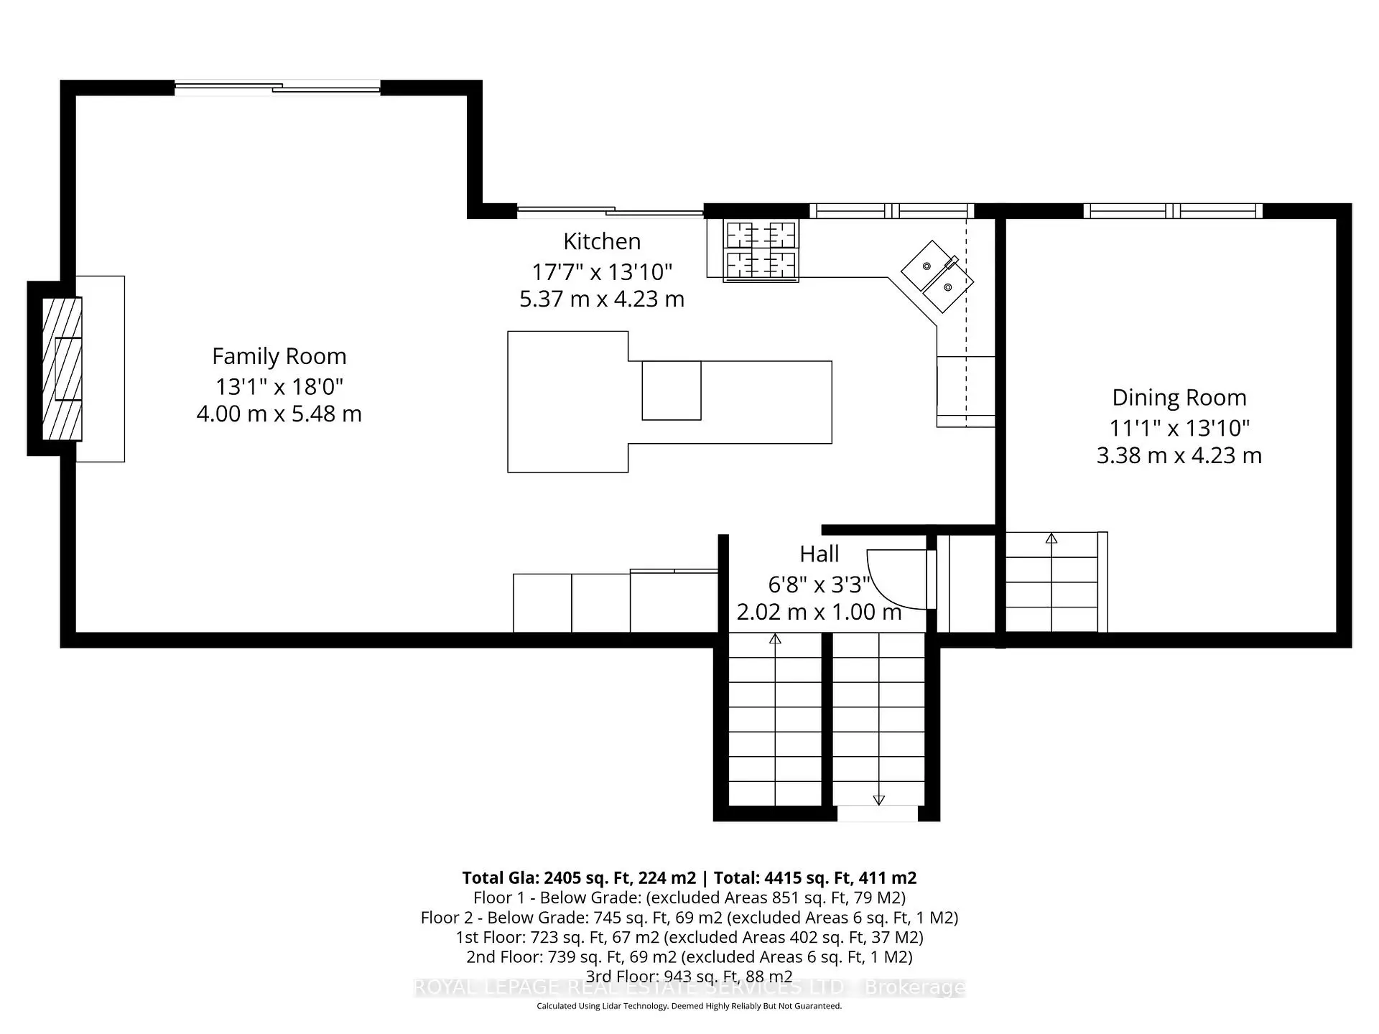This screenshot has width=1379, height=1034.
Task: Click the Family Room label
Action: coord(279,356)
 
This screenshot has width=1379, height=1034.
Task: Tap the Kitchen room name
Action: coord(602,241)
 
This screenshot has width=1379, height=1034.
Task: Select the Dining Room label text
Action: coord(1179,397)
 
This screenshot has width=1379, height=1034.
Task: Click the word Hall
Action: coord(819,554)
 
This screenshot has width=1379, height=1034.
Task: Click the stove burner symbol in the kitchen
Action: coord(761,250)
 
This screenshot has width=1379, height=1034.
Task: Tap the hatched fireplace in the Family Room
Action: coord(62,368)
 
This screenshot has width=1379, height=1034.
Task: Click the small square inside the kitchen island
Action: coord(671,391)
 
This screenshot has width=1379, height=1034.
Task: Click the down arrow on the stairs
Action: coord(878,800)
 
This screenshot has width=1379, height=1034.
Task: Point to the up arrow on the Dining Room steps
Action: coord(1051,538)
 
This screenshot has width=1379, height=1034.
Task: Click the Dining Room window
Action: coord(1172,211)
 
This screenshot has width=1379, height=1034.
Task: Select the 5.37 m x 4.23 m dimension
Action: coord(602,299)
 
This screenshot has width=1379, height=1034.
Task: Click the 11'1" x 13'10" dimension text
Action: coord(1179,428)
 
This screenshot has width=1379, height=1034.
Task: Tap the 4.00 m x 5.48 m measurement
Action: coord(279,414)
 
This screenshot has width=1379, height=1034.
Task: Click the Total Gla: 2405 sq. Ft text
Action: coord(578,877)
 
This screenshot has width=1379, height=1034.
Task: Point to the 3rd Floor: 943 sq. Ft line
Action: coord(689,976)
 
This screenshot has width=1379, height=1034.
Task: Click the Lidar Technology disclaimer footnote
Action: coord(689,1006)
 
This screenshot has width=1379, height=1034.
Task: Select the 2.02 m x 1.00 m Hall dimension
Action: coord(819,612)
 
